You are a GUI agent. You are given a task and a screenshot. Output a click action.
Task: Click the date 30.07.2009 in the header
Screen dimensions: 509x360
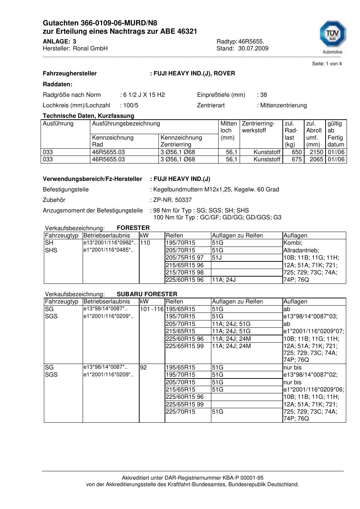click(253, 49)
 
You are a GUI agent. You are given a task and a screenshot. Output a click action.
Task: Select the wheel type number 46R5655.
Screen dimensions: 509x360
click(251, 42)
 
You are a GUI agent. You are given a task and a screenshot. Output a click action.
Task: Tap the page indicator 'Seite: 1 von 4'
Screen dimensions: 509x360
click(327, 64)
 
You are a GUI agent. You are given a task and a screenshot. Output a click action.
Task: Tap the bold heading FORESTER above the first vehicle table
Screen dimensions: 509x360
click(133, 228)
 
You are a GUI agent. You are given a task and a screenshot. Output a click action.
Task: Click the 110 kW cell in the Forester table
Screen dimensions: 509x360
click(145, 243)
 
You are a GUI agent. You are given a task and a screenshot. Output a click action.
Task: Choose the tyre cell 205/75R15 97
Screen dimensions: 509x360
click(185, 258)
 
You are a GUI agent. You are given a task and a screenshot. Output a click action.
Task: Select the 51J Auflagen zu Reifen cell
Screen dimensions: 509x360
click(217, 258)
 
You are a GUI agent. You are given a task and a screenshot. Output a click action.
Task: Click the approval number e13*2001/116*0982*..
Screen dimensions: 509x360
click(110, 243)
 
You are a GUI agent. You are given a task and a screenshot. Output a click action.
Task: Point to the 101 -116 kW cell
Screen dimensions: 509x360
click(152, 309)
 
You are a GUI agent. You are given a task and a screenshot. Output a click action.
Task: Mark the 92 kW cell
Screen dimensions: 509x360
click(143, 368)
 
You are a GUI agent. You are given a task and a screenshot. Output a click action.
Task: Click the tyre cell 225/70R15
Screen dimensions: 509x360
click(180, 412)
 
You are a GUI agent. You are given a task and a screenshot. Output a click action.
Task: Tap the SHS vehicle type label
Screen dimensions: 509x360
click(51, 251)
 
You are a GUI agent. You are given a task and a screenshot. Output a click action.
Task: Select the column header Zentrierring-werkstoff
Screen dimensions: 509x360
click(258, 127)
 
